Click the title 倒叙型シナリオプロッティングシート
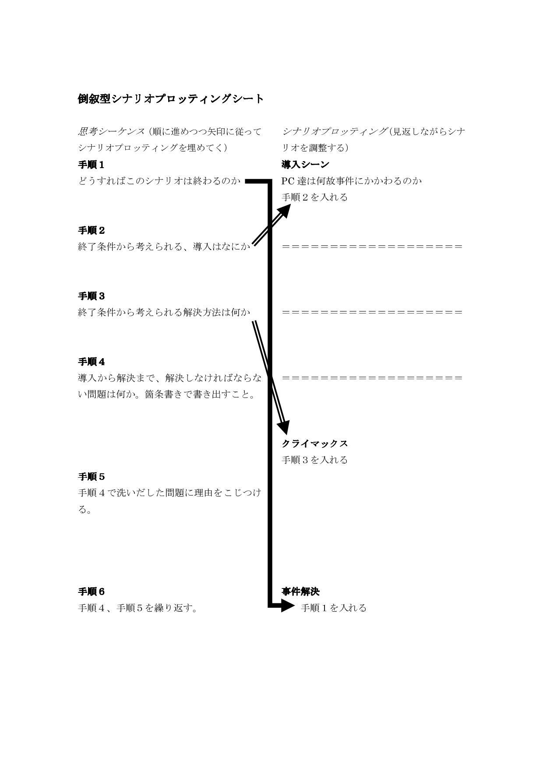[171, 99]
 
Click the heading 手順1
[91, 165]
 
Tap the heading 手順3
[91, 296]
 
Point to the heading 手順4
[91, 362]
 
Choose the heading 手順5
[91, 477]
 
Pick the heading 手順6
[91, 592]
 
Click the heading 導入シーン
[305, 165]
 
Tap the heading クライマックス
[314, 444]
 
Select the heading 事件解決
[300, 592]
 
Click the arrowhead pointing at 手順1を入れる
[288, 606]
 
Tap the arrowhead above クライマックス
[284, 427]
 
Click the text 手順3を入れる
[314, 460]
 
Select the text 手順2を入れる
[314, 197]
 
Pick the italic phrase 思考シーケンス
[111, 131]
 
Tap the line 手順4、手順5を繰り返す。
[138, 608]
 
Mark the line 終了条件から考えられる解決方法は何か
[164, 313]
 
